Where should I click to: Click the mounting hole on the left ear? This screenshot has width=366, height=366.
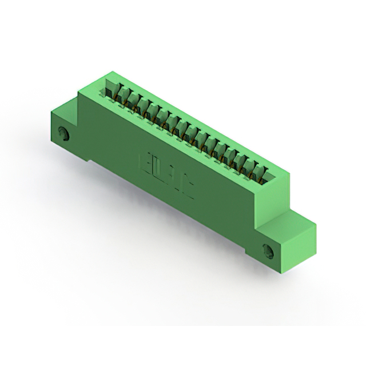pos(64,135)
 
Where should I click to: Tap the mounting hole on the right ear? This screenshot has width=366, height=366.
pos(268,250)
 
